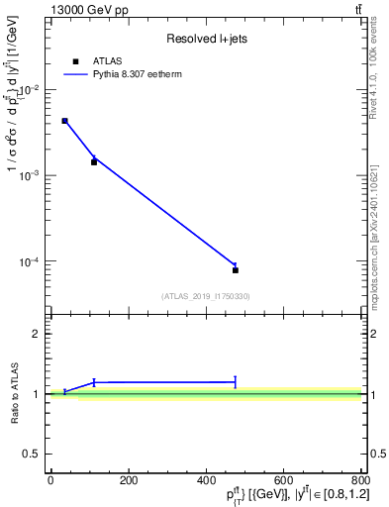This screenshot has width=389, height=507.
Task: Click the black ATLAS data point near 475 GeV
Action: (x=236, y=270)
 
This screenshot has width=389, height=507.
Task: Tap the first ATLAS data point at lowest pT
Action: (x=64, y=121)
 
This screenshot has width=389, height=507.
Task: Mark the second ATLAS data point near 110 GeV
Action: (x=94, y=161)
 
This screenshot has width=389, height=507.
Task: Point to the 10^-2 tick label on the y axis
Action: (x=33, y=90)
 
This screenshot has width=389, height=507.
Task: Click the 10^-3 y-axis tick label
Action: (x=33, y=175)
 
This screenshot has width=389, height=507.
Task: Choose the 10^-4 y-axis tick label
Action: (x=33, y=261)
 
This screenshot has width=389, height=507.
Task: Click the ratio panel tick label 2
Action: (x=37, y=334)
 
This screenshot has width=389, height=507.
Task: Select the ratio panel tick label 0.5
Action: (x=33, y=454)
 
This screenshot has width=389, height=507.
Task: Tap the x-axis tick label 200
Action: (x=128, y=480)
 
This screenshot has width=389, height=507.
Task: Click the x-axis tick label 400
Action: (x=205, y=480)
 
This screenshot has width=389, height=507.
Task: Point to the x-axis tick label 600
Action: (x=283, y=480)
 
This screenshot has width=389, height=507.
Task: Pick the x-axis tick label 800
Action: (x=358, y=480)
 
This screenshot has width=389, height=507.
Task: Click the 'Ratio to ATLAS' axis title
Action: (x=16, y=393)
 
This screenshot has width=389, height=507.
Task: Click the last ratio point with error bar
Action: (x=236, y=381)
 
